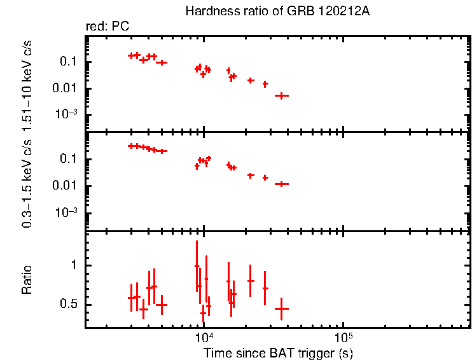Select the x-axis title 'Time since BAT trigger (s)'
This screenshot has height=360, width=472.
pos(278,352)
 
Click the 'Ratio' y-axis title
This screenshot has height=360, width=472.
pos(27,279)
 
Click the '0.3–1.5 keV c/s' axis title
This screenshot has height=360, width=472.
pos(27,181)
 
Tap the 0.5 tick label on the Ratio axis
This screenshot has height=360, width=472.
pos(70,305)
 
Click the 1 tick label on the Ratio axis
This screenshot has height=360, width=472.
pos(74,265)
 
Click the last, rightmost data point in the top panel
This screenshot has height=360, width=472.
pos(281,95)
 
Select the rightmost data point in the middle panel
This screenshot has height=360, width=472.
pos(281,184)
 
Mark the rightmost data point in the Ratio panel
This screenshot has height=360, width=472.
pos(281,308)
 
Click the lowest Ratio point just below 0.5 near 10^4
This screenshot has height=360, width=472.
pos(203,313)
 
